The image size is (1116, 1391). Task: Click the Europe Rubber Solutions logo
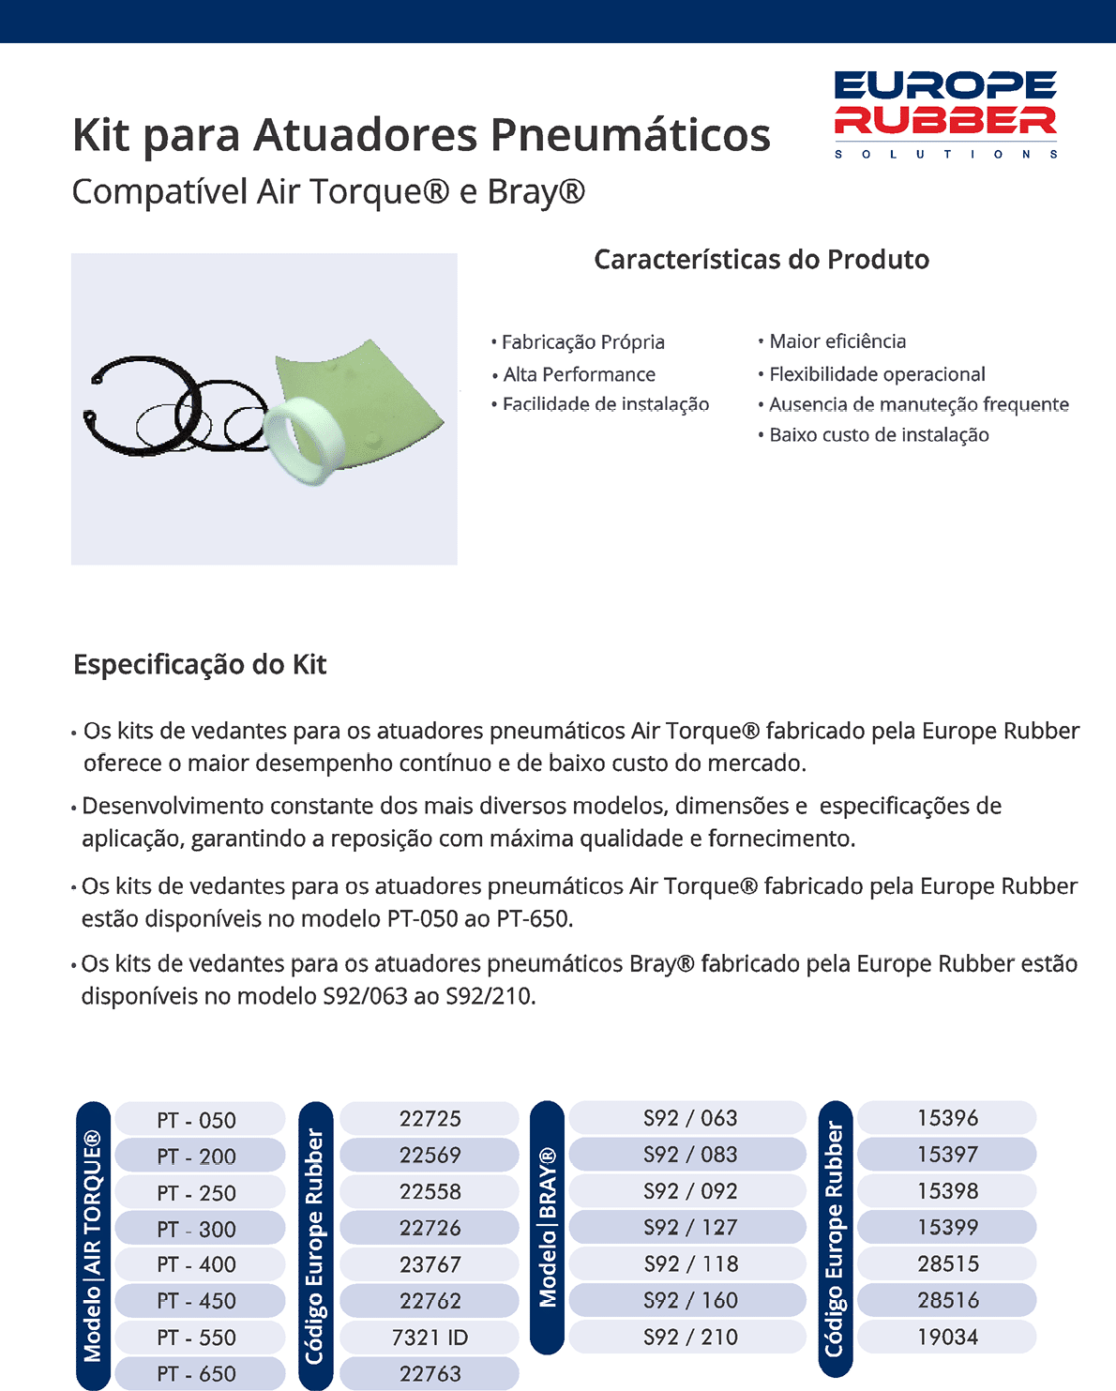945,113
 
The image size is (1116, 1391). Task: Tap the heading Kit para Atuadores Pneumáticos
421,134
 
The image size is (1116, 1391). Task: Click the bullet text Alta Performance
579,374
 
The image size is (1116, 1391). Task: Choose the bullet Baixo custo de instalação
879,434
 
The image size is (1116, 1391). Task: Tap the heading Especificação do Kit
200,664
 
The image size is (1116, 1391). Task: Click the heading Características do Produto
762,259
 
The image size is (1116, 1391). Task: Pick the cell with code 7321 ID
430,1337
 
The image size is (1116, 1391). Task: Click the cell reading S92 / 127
690,1227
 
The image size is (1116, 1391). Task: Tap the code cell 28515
947,1263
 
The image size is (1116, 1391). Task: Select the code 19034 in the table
947,1337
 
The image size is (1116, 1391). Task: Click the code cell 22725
430,1118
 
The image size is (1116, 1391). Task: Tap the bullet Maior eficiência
837,340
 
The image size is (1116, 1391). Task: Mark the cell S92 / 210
690,1337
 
